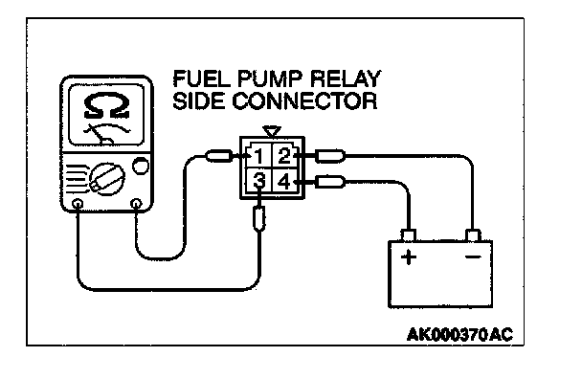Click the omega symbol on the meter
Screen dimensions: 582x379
(106, 106)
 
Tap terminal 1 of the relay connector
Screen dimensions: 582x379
(258, 156)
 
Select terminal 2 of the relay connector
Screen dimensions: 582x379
(284, 156)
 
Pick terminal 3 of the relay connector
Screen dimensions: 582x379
(259, 182)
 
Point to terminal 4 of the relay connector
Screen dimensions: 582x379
(284, 182)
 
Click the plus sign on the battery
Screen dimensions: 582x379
(409, 256)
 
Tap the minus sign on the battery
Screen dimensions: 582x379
(473, 256)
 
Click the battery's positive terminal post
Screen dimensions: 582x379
(409, 235)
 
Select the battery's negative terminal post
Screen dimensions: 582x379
(473, 235)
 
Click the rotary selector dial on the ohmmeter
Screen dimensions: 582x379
(107, 179)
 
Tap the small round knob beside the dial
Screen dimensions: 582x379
(141, 166)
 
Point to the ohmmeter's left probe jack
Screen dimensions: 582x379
(78, 204)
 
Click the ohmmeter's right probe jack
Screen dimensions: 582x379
(137, 204)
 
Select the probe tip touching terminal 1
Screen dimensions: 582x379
(220, 156)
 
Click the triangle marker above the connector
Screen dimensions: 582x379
(272, 131)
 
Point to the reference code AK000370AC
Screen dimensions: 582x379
(459, 334)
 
